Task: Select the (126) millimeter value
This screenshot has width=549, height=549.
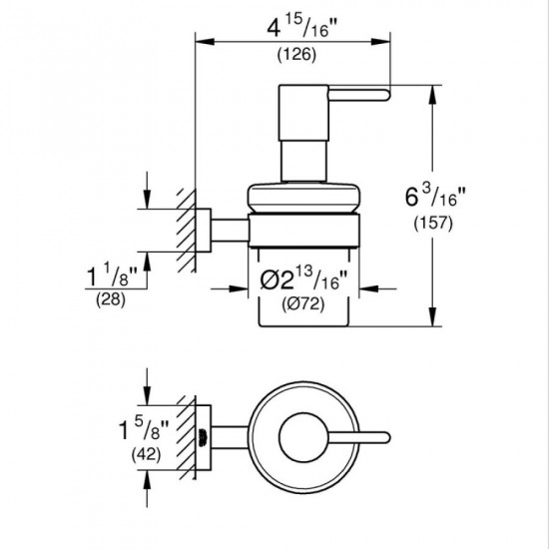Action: click(296, 55)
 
